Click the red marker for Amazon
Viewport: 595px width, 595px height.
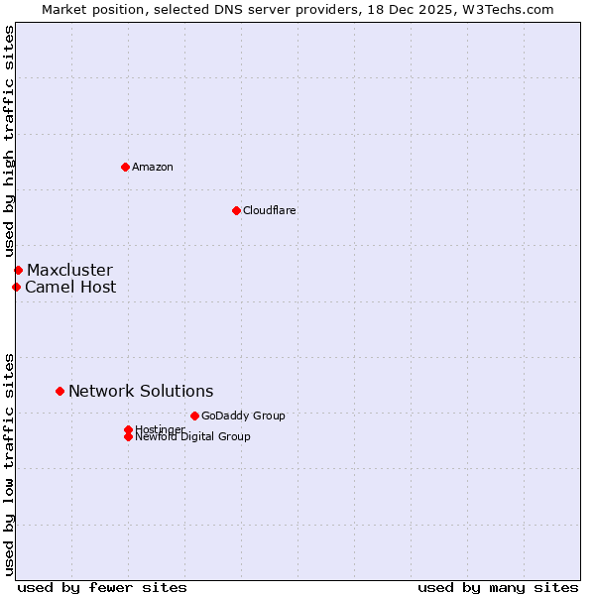click(x=125, y=167)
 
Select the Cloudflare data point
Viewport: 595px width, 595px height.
click(x=236, y=210)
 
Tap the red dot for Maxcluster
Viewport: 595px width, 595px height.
click(x=18, y=270)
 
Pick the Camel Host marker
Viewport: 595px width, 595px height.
click(x=16, y=287)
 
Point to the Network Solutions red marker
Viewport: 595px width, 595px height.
click(x=59, y=391)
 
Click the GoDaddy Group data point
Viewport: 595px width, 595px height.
click(x=194, y=416)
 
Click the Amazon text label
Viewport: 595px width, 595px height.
click(x=152, y=167)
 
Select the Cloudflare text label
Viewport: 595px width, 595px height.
click(x=269, y=210)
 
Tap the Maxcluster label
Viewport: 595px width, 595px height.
click(x=69, y=270)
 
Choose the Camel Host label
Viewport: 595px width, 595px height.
click(x=70, y=287)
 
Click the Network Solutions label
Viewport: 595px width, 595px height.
click(x=141, y=391)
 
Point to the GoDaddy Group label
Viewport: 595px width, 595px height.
click(x=243, y=416)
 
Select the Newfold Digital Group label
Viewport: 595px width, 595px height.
click(x=192, y=437)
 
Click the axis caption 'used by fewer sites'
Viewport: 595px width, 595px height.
click(x=102, y=587)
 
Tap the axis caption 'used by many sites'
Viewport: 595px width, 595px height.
click(x=498, y=587)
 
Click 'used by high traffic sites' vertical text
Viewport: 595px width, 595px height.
click(x=9, y=141)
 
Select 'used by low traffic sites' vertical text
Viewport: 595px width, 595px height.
click(x=9, y=463)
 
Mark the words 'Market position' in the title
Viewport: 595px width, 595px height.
click(x=86, y=9)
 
